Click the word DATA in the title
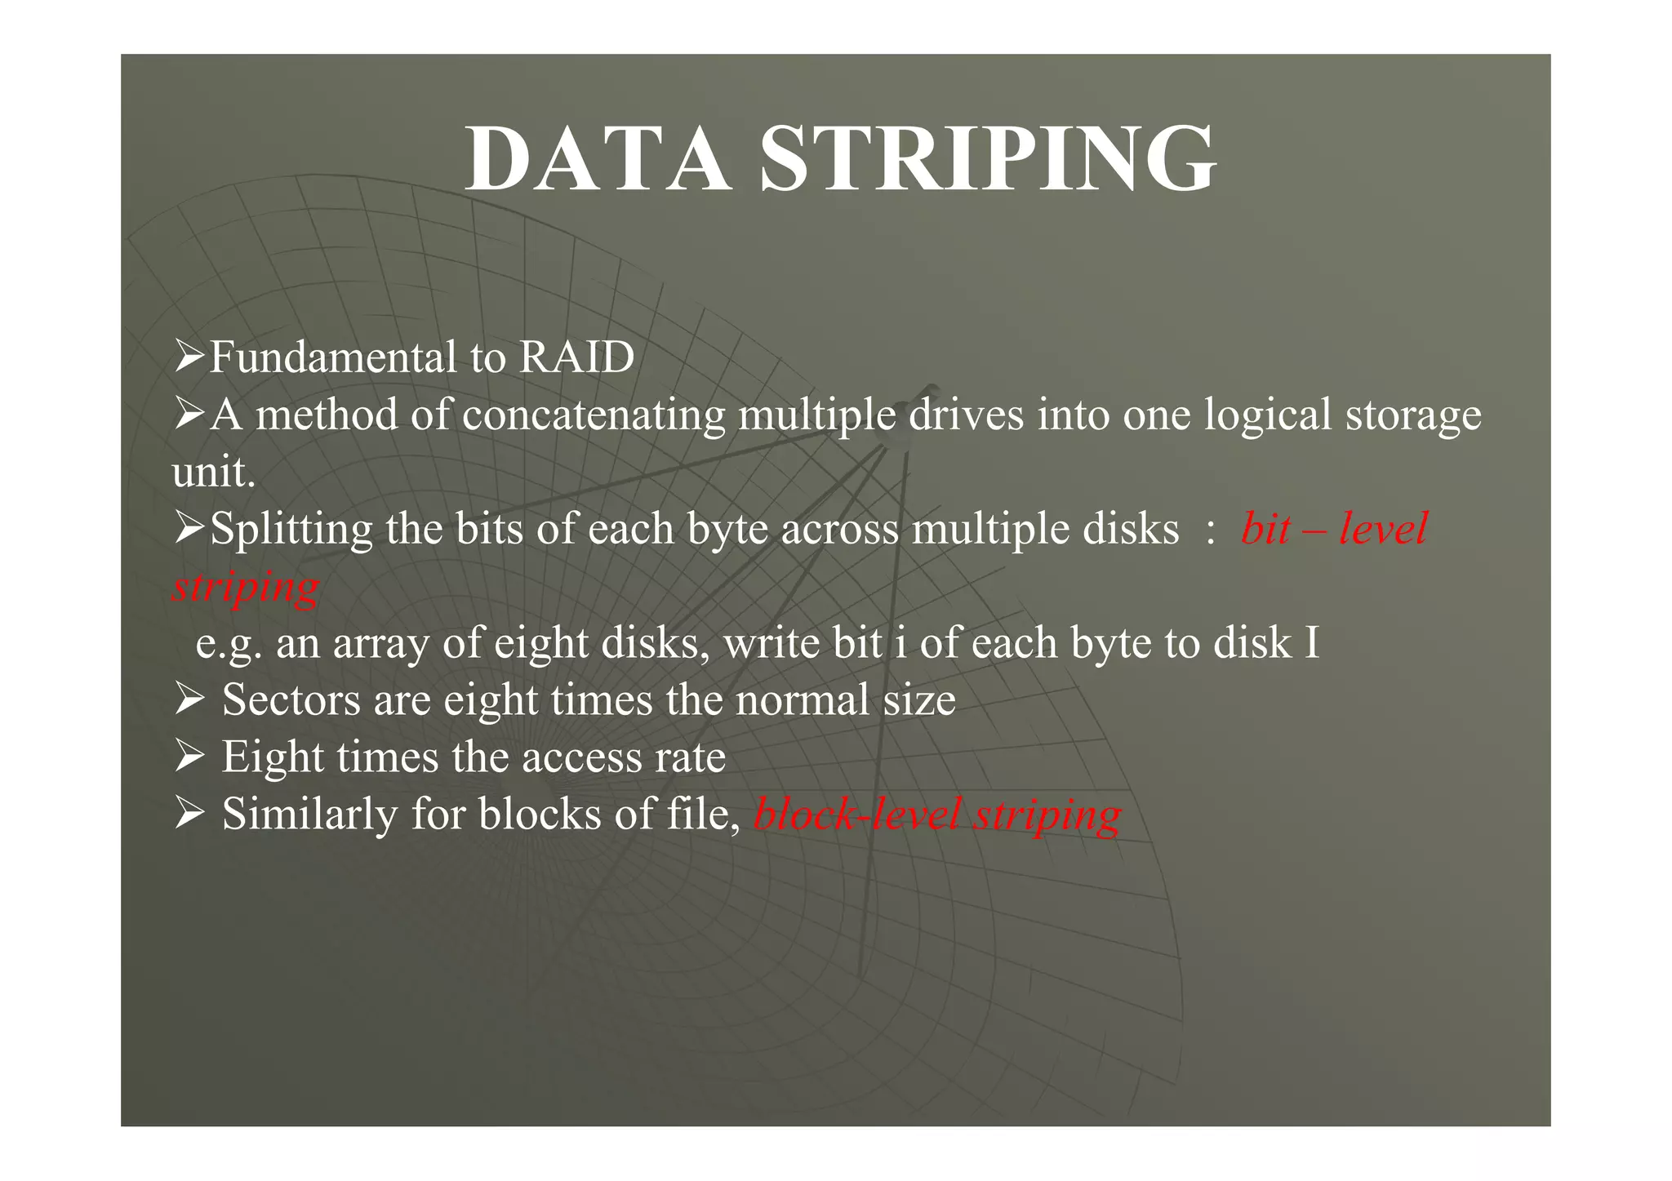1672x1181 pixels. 597,159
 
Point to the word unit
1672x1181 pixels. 213,472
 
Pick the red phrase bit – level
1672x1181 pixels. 1334,529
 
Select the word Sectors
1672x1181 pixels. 291,700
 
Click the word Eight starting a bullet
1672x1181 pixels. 272,757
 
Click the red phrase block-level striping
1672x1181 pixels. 938,815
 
